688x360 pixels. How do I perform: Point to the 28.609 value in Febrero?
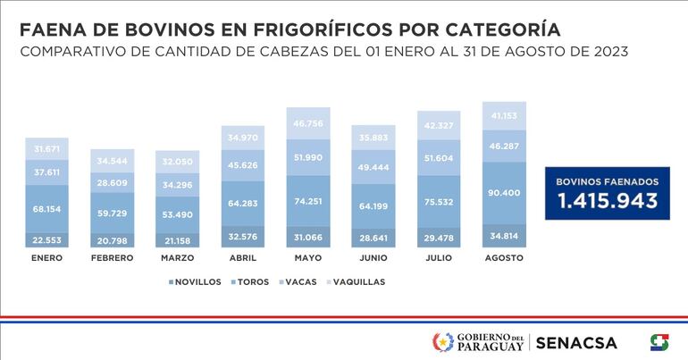tap(111, 181)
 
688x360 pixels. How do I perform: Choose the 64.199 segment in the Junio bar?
tap(373, 207)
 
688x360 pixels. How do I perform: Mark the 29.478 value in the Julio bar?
tap(438, 238)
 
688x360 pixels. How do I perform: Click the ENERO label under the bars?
tap(46, 258)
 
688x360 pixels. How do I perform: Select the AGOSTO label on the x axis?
tap(504, 258)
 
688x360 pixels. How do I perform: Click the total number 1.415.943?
tap(608, 202)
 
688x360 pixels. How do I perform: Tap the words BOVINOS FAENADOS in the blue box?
tap(608, 181)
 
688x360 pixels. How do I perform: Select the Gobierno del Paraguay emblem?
tap(442, 342)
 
